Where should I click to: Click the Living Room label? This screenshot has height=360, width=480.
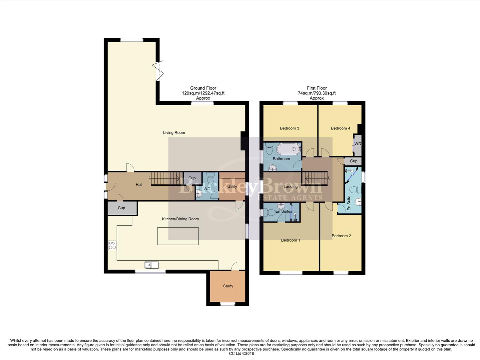tap(174, 133)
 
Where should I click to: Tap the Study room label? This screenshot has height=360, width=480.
tap(228, 286)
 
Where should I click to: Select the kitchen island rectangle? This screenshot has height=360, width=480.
tap(178, 236)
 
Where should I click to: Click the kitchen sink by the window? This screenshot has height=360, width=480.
tap(152, 265)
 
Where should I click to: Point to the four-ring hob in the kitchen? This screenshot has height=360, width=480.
tap(112, 245)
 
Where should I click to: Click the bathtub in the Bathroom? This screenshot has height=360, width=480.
tap(289, 149)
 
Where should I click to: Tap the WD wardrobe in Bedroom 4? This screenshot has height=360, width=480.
tap(357, 144)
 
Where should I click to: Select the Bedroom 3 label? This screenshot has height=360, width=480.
tap(289, 128)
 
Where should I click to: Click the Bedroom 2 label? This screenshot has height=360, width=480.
tap(341, 236)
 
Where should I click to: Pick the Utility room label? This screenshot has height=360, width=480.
tap(232, 186)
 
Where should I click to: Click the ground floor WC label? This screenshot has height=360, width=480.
tap(207, 189)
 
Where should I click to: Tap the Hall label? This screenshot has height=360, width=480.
tap(139, 185)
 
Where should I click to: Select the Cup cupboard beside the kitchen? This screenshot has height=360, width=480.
tap(122, 208)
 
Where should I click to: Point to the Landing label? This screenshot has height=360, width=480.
tap(290, 187)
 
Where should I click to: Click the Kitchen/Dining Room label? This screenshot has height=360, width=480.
tap(180, 219)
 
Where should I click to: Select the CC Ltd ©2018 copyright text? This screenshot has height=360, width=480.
tap(240, 354)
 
